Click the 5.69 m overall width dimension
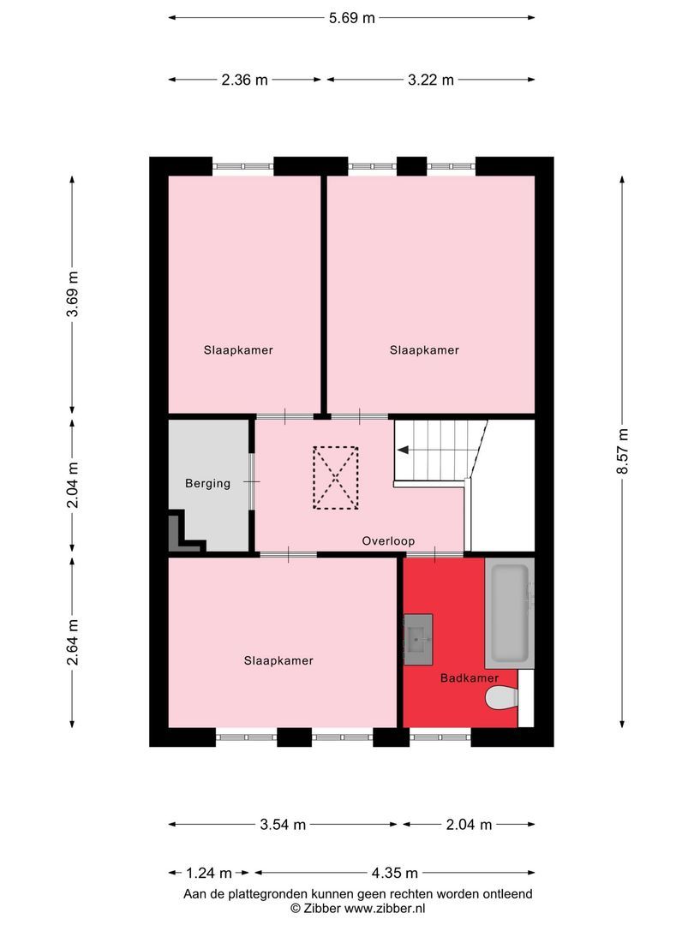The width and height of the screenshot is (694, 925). tap(351, 17)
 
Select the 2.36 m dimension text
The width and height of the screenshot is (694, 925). tap(244, 80)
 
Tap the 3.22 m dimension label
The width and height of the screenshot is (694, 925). tap(430, 80)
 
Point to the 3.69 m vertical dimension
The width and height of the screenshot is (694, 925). tap(73, 295)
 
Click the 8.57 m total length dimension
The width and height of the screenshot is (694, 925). tap(623, 455)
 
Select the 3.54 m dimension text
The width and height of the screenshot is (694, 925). tap(283, 825)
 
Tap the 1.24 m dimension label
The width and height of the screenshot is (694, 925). tap(209, 874)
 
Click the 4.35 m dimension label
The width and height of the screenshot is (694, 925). tap(394, 874)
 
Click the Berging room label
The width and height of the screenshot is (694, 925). tap(207, 483)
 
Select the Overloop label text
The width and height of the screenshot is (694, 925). tap(388, 540)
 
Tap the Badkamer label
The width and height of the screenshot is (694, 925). tap(470, 678)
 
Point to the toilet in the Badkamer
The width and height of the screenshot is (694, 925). tap(502, 700)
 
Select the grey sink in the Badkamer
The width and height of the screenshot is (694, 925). tap(418, 639)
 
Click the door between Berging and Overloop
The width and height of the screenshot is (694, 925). tap(252, 482)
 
